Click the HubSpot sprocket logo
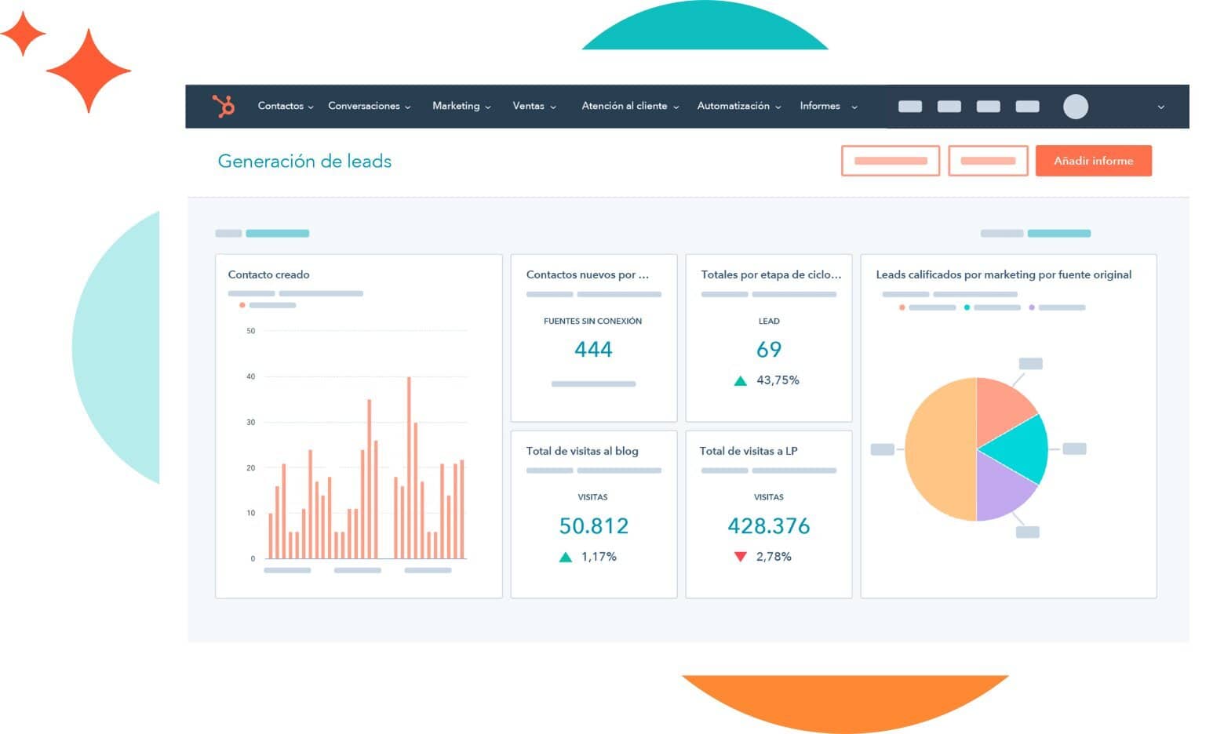pyautogui.click(x=224, y=106)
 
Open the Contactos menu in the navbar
pyautogui.click(x=285, y=106)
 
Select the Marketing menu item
pyautogui.click(x=461, y=106)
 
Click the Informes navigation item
pyautogui.click(x=827, y=106)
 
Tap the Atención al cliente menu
pyautogui.click(x=629, y=106)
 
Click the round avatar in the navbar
pyautogui.click(x=1075, y=107)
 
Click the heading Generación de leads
pyautogui.click(x=304, y=162)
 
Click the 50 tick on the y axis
pyautogui.click(x=251, y=331)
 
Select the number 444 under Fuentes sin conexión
pyautogui.click(x=593, y=350)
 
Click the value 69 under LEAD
pyautogui.click(x=768, y=350)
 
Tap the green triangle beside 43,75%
pyautogui.click(x=740, y=381)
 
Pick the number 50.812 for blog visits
pyautogui.click(x=593, y=526)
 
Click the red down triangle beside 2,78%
pyautogui.click(x=740, y=557)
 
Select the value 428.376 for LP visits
pyautogui.click(x=768, y=526)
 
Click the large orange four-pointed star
pyautogui.click(x=88, y=71)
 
